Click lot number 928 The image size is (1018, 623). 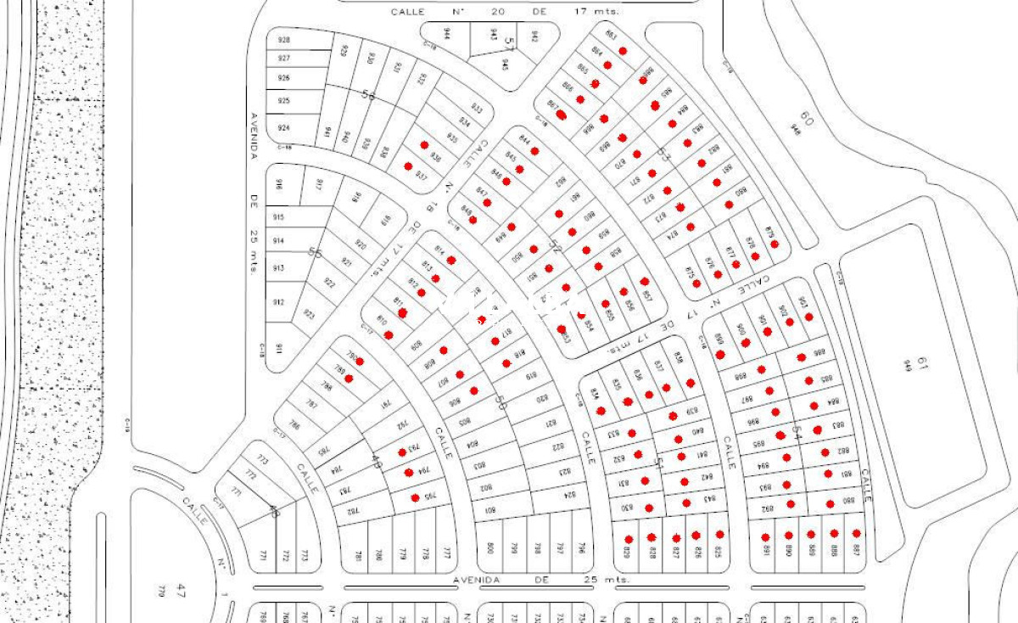point(283,40)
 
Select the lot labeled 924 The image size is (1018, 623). point(283,128)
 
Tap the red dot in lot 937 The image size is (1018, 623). point(408,166)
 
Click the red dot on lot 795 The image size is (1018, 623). point(415,497)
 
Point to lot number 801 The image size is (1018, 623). point(489,510)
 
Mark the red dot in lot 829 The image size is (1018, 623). point(629,539)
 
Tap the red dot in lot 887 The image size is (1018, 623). point(857,533)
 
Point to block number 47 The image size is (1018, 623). point(180,588)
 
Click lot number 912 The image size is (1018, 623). point(279,302)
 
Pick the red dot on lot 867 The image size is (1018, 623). point(562,115)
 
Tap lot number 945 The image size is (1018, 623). point(505,64)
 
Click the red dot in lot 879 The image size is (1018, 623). point(775,244)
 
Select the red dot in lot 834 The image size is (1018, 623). point(601,411)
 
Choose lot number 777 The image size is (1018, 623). point(446,553)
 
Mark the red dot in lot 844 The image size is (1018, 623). point(534,151)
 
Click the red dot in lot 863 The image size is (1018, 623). point(623,51)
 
